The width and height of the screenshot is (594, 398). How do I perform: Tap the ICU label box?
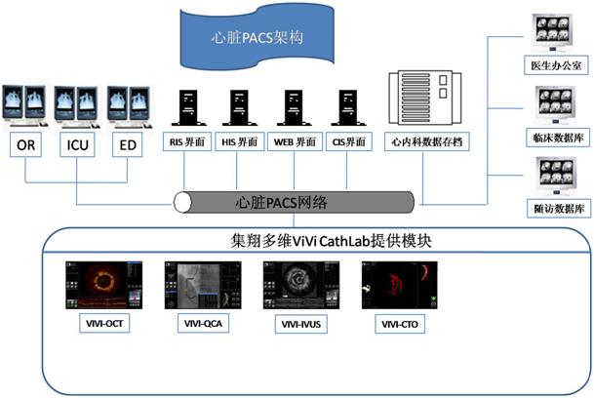coord(79,146)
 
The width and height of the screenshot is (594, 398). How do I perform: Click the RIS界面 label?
coord(186,141)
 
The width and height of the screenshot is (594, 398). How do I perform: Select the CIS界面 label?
coord(348,141)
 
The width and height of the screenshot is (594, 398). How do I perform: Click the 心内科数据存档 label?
coord(424,141)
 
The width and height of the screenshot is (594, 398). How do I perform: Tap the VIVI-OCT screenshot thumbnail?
coord(104,287)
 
